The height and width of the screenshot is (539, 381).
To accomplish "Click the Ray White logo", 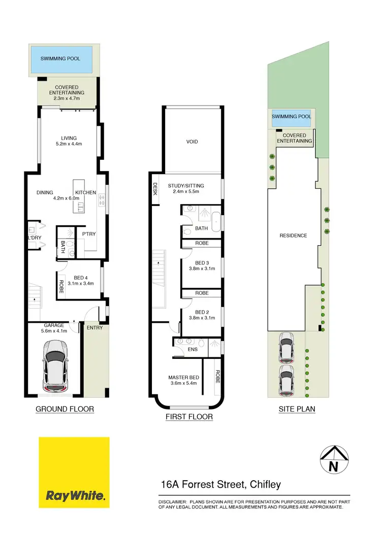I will click(74, 473).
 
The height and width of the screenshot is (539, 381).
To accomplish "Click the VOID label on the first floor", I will click(192, 142).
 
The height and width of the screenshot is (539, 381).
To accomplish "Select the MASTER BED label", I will click(183, 377).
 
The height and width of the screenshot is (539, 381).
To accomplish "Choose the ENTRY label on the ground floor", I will click(94, 327).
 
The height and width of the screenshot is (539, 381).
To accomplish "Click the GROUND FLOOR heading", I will click(65, 409).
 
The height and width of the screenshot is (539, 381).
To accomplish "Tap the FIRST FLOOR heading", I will click(189, 417).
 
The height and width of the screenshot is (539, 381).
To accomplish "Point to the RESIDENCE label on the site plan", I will click(294, 235).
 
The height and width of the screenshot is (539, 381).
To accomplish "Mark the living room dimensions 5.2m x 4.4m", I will click(69, 144).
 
